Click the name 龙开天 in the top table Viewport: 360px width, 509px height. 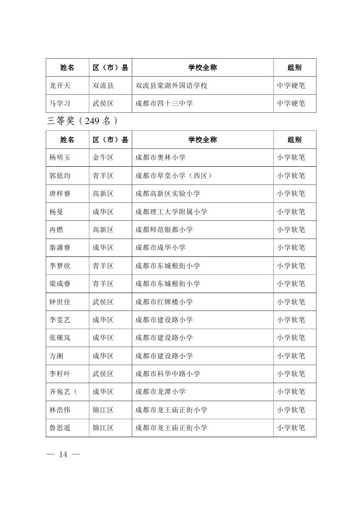(x=60, y=86)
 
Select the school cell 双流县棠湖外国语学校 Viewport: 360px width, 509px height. (x=172, y=86)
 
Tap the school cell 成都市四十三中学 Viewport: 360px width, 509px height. (x=164, y=104)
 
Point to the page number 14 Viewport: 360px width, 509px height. (x=64, y=455)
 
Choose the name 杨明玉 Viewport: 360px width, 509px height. (x=60, y=158)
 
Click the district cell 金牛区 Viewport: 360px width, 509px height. (x=103, y=158)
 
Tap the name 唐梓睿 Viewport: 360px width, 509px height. (x=60, y=194)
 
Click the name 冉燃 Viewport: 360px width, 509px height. (x=57, y=229)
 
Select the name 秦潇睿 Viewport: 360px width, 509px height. (x=60, y=248)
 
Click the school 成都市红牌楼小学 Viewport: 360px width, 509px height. (x=164, y=302)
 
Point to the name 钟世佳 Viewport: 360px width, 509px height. (x=60, y=302)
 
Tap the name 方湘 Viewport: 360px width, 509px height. (x=57, y=356)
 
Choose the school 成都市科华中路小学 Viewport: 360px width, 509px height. (x=168, y=374)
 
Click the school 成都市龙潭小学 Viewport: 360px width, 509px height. (x=161, y=392)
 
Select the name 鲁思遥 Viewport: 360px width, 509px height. (x=60, y=428)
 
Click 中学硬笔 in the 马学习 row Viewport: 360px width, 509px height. (x=291, y=104)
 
